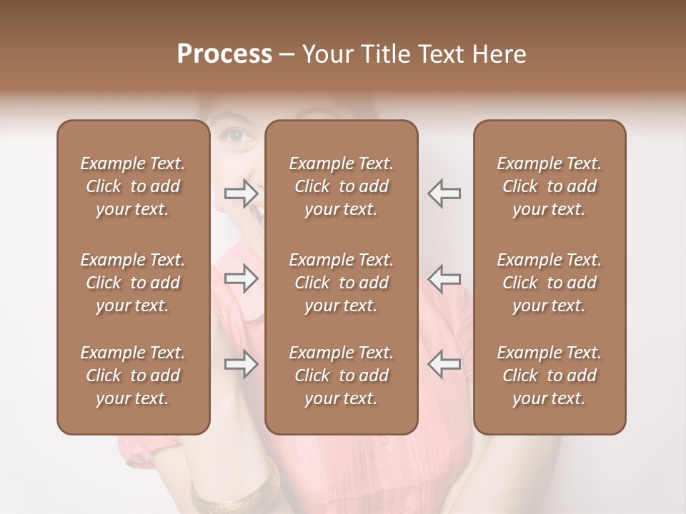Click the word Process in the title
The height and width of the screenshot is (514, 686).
pos(224,54)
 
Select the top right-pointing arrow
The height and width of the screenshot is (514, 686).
pos(241,193)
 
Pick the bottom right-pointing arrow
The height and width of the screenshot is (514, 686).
pos(241,364)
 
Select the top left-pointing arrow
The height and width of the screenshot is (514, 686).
pos(444,193)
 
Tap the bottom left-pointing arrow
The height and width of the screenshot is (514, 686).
pos(444,364)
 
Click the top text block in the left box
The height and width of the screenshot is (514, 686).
pos(133,186)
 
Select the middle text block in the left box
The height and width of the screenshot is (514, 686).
pos(133,283)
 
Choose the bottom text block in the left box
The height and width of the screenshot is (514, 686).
pos(133,376)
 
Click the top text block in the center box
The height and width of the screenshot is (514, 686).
pos(342,186)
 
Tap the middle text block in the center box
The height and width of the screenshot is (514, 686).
pos(342,283)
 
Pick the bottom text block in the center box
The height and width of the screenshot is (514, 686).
pos(342,376)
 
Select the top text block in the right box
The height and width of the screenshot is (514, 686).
pos(550,186)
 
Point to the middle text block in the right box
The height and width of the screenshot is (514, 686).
pos(550,283)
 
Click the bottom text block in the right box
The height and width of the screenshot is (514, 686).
pos(550,376)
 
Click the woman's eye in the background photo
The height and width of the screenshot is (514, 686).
pos(235,134)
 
